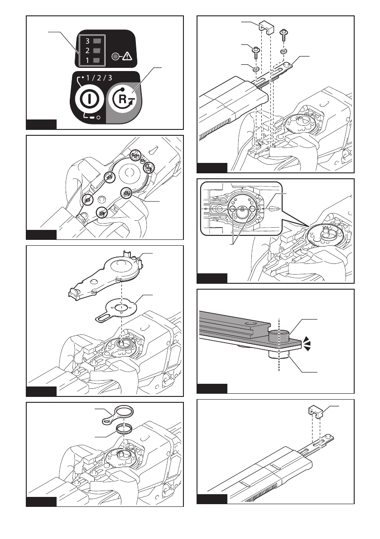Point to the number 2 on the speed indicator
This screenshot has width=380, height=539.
click(x=86, y=50)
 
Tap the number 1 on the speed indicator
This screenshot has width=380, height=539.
click(x=86, y=60)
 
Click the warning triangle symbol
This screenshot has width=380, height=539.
click(x=127, y=57)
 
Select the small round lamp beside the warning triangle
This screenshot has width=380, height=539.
click(x=116, y=57)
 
